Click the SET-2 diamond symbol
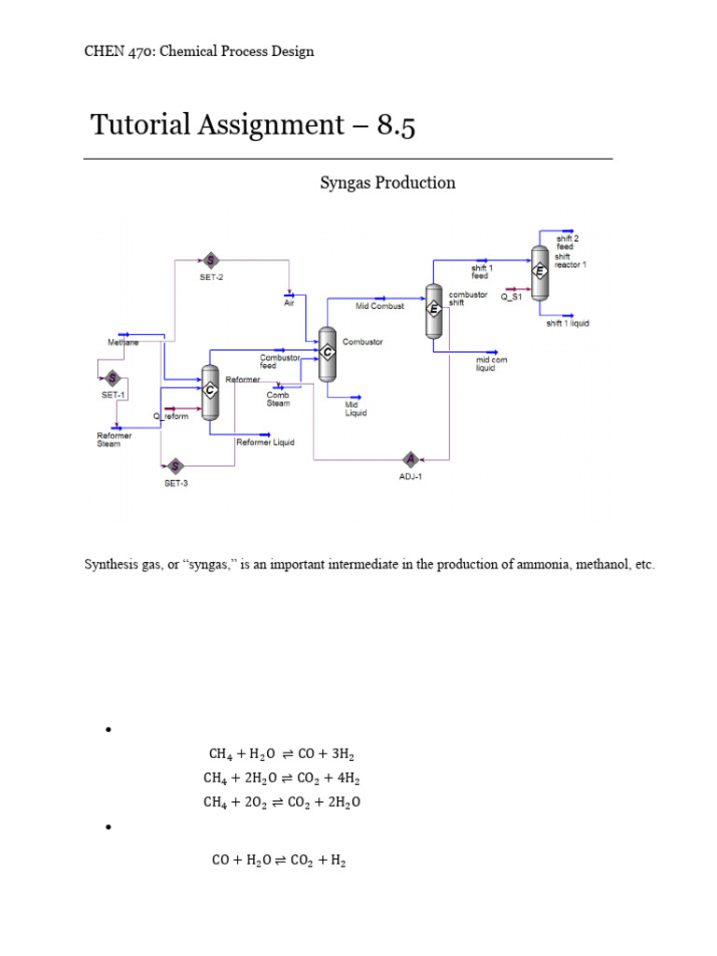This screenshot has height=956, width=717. (x=209, y=260)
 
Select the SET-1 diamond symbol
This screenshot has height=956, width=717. (x=113, y=378)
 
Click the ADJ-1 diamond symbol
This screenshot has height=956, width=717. (x=410, y=458)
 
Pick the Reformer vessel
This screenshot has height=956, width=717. (x=210, y=390)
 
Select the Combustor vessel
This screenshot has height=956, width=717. (x=328, y=353)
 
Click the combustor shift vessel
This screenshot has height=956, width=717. (x=433, y=311)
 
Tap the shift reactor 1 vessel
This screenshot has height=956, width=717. (x=539, y=272)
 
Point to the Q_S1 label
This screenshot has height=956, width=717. (x=512, y=297)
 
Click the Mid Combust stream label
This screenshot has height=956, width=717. (x=380, y=306)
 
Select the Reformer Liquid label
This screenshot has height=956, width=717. (x=265, y=443)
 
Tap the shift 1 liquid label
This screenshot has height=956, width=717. (x=568, y=324)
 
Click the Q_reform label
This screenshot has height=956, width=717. (x=171, y=416)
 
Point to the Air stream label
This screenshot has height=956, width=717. (x=289, y=302)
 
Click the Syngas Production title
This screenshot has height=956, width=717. (x=387, y=183)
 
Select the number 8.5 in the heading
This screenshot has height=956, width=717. (x=396, y=125)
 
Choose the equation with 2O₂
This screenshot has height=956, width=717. (x=281, y=802)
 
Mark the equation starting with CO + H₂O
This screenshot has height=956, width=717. (x=279, y=861)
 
